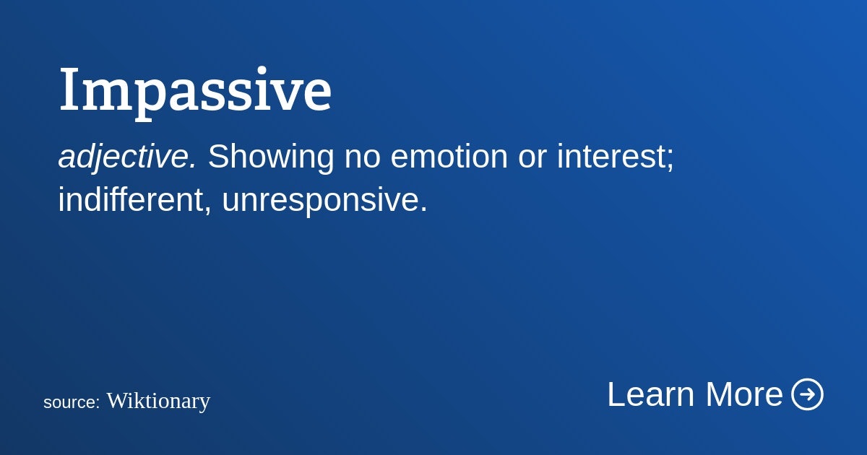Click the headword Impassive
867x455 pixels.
(x=196, y=93)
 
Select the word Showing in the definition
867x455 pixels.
(x=271, y=157)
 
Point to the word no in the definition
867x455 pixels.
(x=362, y=160)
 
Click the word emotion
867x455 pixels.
(x=449, y=157)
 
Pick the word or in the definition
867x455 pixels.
(x=532, y=160)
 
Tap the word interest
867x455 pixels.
(x=611, y=157)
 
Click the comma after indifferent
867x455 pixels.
(x=208, y=209)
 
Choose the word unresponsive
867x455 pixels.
(x=319, y=201)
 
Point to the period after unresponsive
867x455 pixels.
(x=423, y=209)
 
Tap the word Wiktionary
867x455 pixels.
(x=158, y=402)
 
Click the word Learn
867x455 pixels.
(x=651, y=394)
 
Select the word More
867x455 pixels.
(x=744, y=394)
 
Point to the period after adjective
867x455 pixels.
(x=192, y=165)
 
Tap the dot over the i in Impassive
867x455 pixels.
(x=262, y=71)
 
